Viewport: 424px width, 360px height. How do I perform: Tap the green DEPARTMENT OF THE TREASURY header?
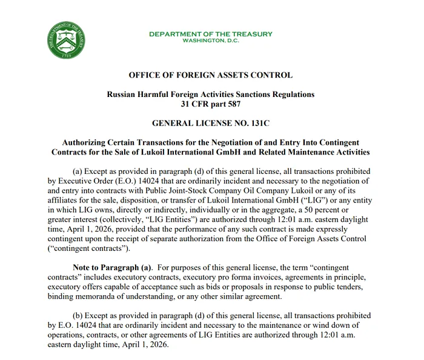coord(210,34)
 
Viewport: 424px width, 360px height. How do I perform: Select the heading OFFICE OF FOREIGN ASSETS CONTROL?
coord(210,76)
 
